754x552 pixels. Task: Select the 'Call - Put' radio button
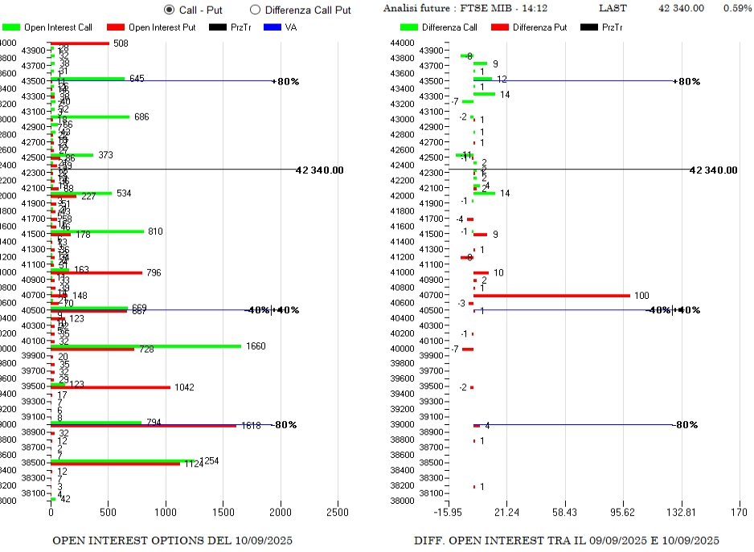pyautogui.click(x=169, y=10)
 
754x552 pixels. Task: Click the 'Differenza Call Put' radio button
pyautogui.click(x=256, y=10)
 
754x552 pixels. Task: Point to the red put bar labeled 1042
pyautogui.click(x=113, y=387)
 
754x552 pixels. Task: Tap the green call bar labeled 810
pyautogui.click(x=96, y=231)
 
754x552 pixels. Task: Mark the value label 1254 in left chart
pyautogui.click(x=210, y=460)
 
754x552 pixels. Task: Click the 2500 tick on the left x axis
pyautogui.click(x=338, y=512)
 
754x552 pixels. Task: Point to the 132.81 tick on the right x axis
pyautogui.click(x=682, y=512)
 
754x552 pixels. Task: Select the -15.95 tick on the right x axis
pyautogui.click(x=449, y=512)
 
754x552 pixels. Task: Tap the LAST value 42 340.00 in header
pyautogui.click(x=681, y=8)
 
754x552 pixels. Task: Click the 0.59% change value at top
pyautogui.click(x=737, y=8)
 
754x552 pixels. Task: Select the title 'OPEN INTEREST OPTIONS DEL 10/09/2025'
pyautogui.click(x=172, y=540)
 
